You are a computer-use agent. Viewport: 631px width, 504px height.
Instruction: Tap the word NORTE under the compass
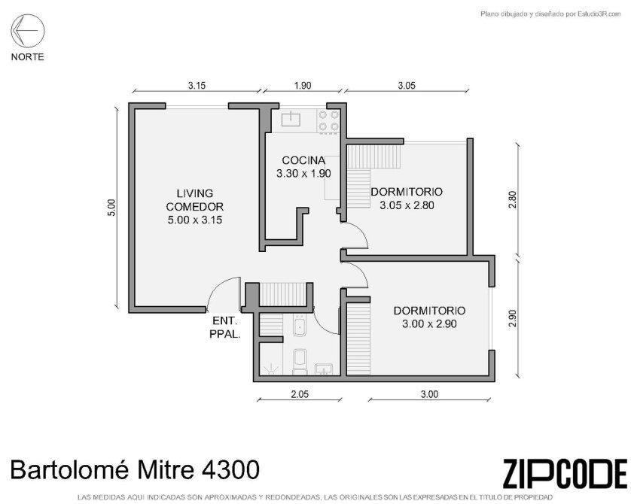point(27,57)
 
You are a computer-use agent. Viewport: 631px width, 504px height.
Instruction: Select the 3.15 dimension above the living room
point(197,85)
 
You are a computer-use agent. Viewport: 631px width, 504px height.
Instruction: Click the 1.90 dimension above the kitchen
point(303,85)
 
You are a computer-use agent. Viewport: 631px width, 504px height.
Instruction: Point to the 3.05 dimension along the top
point(407,85)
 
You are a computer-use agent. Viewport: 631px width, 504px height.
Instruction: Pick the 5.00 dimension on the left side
point(111,208)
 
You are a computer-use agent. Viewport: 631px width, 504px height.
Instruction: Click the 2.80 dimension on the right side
point(512,199)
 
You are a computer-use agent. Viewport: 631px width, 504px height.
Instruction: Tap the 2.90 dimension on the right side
point(512,318)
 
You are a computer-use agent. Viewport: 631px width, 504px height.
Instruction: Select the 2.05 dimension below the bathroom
point(300,394)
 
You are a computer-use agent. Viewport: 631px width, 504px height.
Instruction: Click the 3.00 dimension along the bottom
point(429,394)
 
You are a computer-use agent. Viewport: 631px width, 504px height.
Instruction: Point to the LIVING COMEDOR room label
point(195,207)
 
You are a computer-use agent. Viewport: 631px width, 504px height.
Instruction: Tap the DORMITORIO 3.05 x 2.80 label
point(407,198)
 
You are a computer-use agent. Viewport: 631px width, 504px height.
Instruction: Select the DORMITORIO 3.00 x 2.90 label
point(429,317)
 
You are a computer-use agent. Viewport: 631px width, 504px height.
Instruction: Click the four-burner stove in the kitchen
point(328,120)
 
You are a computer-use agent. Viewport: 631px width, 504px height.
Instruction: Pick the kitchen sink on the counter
point(291,118)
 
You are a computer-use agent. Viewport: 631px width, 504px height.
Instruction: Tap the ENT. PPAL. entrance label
point(225,327)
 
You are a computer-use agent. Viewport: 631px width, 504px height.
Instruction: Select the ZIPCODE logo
point(565,473)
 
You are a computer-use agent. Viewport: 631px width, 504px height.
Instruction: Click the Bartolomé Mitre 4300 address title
point(135,470)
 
